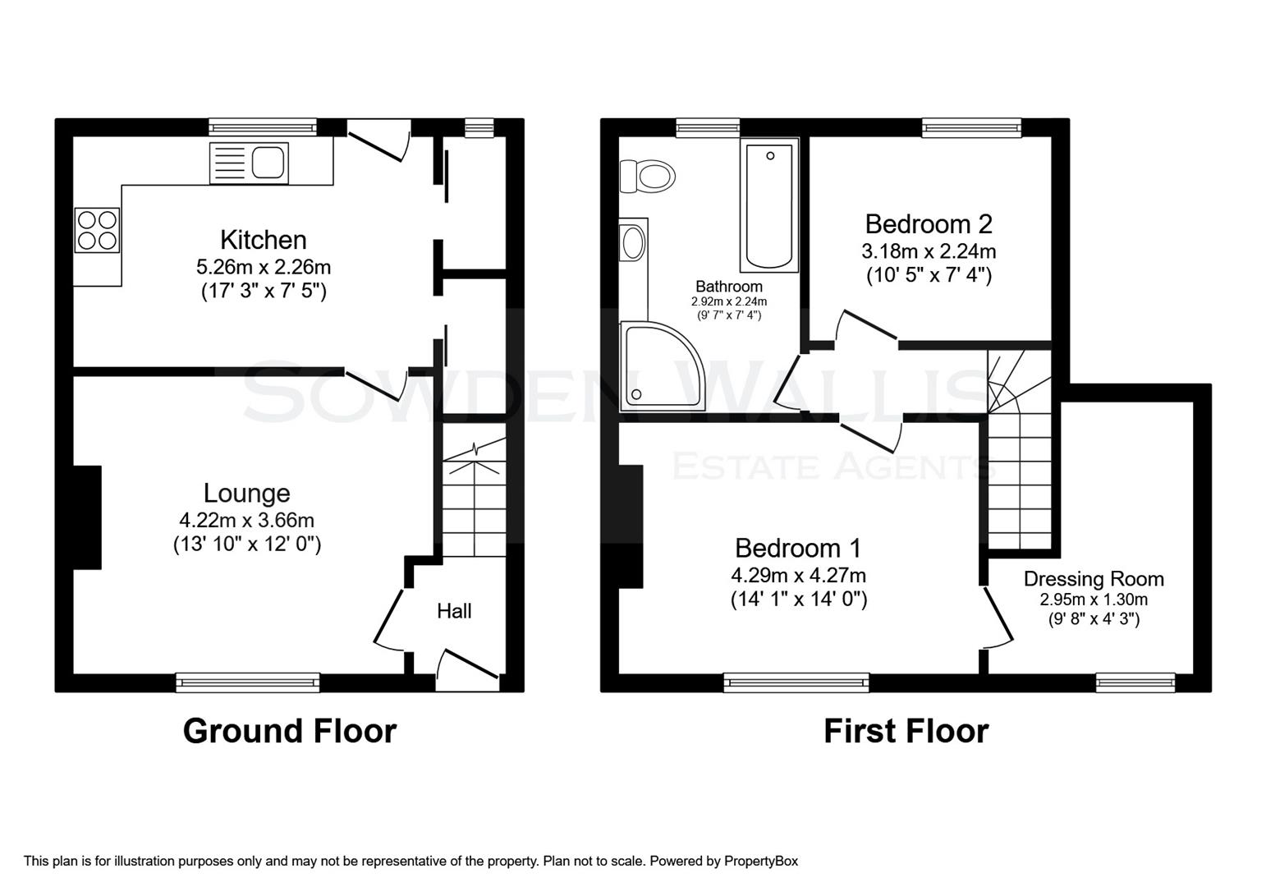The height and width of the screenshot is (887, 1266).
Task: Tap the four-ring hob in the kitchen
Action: tap(97, 230)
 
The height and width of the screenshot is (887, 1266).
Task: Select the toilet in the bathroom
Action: tap(648, 176)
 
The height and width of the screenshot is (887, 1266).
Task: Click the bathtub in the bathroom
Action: tap(769, 205)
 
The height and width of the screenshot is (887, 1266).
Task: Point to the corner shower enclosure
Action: tap(659, 368)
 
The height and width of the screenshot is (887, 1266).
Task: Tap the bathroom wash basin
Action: tap(633, 243)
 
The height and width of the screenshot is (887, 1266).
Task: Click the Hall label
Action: tap(454, 611)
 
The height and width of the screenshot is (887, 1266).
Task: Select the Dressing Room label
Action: tap(1093, 579)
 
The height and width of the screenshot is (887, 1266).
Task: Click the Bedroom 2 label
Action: tap(929, 223)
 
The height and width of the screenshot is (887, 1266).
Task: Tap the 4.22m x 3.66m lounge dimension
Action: tap(246, 520)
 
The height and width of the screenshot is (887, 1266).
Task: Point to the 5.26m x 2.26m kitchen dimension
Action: tap(263, 267)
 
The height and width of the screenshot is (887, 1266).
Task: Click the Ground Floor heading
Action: tap(289, 730)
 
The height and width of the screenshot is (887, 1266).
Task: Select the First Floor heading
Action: tap(906, 730)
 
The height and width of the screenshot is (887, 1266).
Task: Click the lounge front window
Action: tap(247, 681)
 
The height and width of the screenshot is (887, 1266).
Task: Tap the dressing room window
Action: tap(1135, 681)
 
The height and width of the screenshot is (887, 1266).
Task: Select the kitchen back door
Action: tap(379, 141)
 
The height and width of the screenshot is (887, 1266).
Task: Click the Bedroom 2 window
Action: tap(971, 126)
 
